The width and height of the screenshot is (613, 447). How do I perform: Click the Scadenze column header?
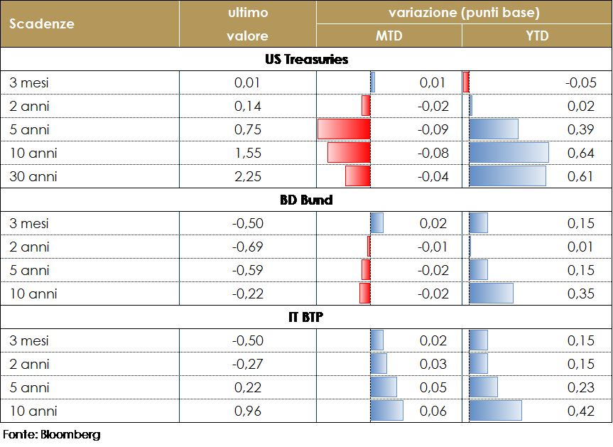click(x=42, y=23)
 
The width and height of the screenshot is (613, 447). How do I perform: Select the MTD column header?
click(x=389, y=36)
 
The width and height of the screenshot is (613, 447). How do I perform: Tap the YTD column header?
click(x=537, y=36)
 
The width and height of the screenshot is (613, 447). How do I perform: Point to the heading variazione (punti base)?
click(x=464, y=13)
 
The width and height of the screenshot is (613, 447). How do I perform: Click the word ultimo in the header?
click(x=247, y=13)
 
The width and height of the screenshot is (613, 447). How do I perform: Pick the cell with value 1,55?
click(x=248, y=153)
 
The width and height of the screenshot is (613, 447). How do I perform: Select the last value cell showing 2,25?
click(x=248, y=176)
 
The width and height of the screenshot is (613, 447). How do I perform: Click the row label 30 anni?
click(x=33, y=176)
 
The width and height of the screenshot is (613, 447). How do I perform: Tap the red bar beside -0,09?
click(x=344, y=129)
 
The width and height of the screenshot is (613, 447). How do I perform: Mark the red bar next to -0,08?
click(x=349, y=153)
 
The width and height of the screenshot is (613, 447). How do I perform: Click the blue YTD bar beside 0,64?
click(x=509, y=153)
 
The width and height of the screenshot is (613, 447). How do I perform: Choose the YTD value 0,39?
click(x=581, y=129)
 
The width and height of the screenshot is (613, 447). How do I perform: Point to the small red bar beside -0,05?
click(x=466, y=82)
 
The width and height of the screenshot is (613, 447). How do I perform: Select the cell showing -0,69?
click(x=248, y=247)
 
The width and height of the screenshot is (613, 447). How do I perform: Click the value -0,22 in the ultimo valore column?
click(x=248, y=293)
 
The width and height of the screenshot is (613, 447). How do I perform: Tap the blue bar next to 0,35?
click(x=491, y=293)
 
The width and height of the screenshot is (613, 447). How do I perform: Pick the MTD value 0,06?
click(x=433, y=411)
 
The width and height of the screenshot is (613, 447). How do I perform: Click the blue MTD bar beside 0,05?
click(x=384, y=387)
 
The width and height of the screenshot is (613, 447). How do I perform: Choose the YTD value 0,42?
click(x=581, y=411)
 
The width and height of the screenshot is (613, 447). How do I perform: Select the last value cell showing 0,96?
click(x=248, y=411)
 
